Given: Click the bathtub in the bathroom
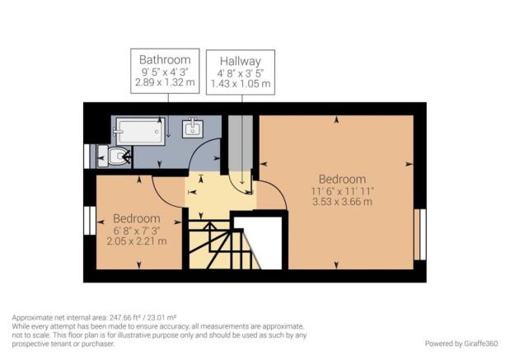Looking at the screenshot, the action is click(x=140, y=131).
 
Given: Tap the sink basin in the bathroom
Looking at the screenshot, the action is click(x=193, y=129).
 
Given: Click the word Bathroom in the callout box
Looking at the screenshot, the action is click(x=165, y=60).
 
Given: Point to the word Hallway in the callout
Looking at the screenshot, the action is click(x=241, y=61).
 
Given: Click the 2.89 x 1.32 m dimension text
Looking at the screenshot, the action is click(x=165, y=82).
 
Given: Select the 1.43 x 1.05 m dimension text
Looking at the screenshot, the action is click(x=241, y=84).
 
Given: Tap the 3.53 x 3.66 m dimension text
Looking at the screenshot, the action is click(x=342, y=202).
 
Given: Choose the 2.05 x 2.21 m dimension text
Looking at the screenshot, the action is click(x=137, y=241).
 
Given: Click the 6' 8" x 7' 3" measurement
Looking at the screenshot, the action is click(x=137, y=231).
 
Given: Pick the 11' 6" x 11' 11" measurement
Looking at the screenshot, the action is click(x=343, y=191).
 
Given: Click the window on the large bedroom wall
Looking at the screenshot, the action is click(x=420, y=234).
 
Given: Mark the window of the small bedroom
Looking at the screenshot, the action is click(x=90, y=221).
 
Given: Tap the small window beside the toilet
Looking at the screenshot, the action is click(x=87, y=157).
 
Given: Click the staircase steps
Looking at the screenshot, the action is click(x=221, y=245).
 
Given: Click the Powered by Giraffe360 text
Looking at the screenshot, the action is click(x=461, y=344).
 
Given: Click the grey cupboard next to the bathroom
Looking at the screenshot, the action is click(x=241, y=143).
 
